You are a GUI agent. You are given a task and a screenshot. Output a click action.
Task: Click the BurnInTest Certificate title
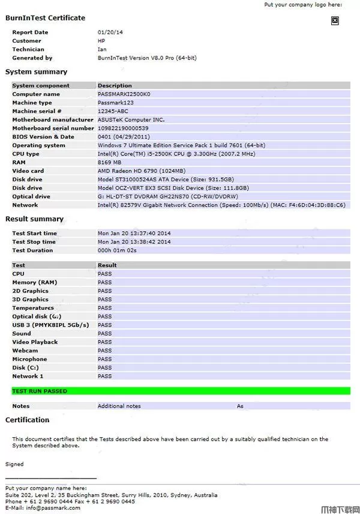[x=45, y=18]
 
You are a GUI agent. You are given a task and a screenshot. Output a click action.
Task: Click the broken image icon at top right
[x=335, y=20]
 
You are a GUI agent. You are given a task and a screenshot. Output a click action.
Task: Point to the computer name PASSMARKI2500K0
[x=124, y=94]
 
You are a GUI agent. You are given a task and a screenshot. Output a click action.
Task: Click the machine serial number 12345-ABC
[x=114, y=111]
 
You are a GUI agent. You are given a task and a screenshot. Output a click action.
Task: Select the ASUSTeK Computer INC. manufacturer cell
[x=131, y=119]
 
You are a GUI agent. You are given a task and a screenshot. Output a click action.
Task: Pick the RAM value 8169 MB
[x=109, y=162]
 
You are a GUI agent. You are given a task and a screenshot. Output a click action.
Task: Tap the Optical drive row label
[x=31, y=196]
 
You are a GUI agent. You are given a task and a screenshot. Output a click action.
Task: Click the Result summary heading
[x=34, y=219]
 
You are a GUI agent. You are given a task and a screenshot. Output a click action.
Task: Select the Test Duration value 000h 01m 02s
[x=117, y=250]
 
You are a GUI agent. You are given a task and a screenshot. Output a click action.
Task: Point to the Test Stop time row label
[x=34, y=242]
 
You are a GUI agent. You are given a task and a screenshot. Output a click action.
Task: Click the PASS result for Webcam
[x=104, y=351]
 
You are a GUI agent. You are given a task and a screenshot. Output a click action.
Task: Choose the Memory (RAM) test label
[x=35, y=282]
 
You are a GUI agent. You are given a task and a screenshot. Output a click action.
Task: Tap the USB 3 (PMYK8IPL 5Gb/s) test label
[x=50, y=325]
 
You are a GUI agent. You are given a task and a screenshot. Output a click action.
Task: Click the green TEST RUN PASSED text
[x=40, y=391]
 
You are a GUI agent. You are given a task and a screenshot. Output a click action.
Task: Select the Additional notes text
[x=119, y=406]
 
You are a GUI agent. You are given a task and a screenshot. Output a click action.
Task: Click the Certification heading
[x=28, y=420]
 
